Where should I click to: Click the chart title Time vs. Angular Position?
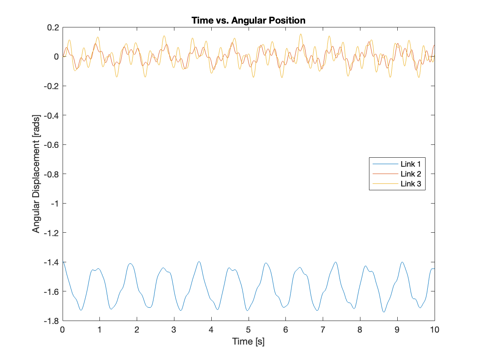click(x=249, y=20)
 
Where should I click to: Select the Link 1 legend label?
click(x=411, y=164)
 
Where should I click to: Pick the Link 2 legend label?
click(x=411, y=174)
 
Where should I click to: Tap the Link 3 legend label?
click(x=411, y=184)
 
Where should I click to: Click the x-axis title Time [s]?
click(x=249, y=342)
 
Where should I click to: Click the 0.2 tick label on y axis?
click(x=53, y=27)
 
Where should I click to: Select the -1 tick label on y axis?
click(x=55, y=203)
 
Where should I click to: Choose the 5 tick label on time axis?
click(x=249, y=330)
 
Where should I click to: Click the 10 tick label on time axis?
click(x=435, y=330)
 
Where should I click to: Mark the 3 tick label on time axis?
click(x=174, y=330)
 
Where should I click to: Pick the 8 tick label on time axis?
click(x=360, y=330)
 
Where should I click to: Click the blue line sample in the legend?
click(x=384, y=164)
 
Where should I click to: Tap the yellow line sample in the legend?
click(x=384, y=184)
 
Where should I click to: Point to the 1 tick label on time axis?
click(x=100, y=330)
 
